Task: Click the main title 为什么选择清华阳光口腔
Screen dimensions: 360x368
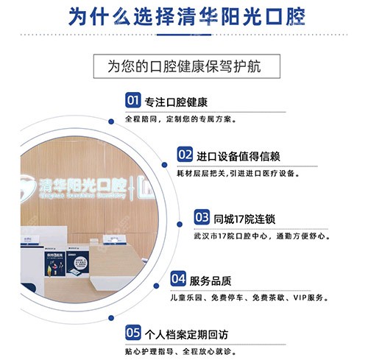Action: point(183,17)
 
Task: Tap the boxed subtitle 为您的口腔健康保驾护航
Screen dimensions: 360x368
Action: point(183,66)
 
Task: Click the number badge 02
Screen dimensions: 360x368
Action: point(185,155)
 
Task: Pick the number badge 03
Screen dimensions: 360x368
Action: point(202,217)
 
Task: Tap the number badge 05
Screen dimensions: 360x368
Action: point(133,331)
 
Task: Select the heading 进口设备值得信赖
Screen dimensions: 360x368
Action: point(238,156)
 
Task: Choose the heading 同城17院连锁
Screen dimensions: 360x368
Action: point(246,218)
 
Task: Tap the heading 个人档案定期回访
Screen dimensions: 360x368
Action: point(185,332)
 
